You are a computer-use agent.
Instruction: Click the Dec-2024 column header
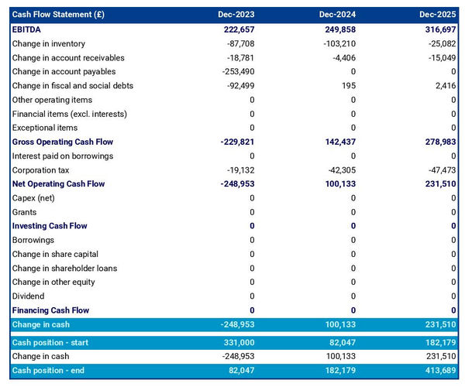[336, 15]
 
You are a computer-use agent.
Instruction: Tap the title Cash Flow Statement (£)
[58, 15]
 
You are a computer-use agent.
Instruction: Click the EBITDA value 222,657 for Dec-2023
[232, 29]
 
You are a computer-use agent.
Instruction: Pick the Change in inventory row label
[49, 43]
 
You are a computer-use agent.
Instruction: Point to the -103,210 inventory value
[335, 43]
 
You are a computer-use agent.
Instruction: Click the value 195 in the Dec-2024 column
[348, 85]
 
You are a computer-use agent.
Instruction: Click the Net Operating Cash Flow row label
[58, 184]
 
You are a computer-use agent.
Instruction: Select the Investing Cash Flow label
[50, 226]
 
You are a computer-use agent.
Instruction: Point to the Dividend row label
[29, 296]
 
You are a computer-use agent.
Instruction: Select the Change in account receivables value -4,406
[340, 57]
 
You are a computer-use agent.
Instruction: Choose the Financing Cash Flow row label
[50, 310]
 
